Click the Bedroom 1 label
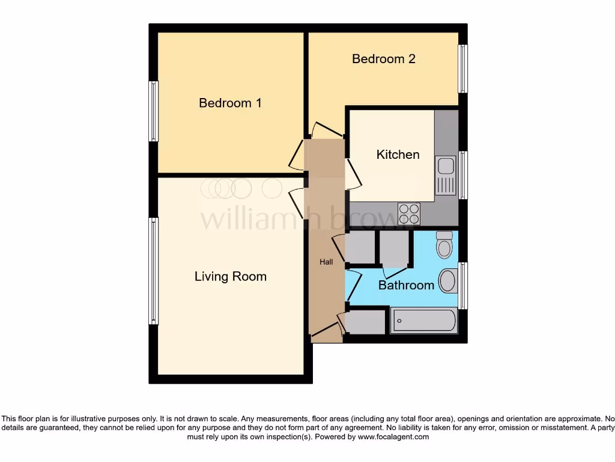(230, 103)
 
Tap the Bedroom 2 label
(384, 59)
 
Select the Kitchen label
(398, 155)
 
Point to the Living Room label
(230, 277)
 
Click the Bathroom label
(406, 285)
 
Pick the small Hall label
(326, 262)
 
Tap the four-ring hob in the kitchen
(410, 214)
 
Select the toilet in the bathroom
(444, 244)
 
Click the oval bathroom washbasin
(448, 281)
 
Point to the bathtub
(424, 321)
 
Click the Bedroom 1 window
(154, 111)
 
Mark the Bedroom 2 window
(462, 69)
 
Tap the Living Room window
(154, 271)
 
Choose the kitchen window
(463, 175)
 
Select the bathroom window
(463, 286)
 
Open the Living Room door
(296, 199)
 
